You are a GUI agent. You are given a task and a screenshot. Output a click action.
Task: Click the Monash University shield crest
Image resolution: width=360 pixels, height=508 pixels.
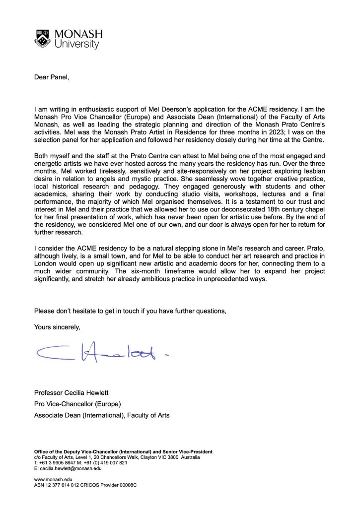(x=42, y=38)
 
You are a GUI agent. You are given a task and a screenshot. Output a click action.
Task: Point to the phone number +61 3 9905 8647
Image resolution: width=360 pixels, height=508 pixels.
(x=58, y=462)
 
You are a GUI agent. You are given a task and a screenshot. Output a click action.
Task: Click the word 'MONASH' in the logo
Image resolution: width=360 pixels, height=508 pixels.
(x=78, y=34)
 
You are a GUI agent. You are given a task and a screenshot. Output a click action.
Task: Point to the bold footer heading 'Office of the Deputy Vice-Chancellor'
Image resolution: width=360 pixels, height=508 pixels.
(x=87, y=451)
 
